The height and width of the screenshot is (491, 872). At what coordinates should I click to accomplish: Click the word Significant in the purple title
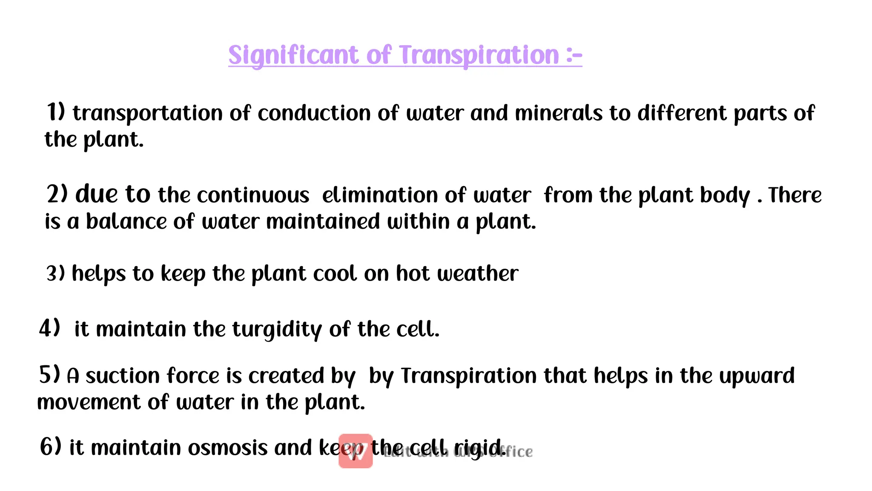tap(293, 56)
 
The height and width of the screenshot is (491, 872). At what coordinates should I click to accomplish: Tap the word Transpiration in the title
tap(479, 56)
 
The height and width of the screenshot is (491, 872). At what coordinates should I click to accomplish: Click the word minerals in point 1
tap(559, 113)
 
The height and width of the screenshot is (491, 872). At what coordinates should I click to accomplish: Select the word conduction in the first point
tap(314, 113)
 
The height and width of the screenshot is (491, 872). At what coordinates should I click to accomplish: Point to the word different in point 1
tap(682, 113)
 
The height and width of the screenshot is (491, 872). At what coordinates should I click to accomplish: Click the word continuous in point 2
tap(253, 195)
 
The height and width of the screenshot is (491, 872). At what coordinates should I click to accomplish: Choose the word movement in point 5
tap(89, 402)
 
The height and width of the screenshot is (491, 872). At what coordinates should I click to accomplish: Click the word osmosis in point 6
tap(228, 448)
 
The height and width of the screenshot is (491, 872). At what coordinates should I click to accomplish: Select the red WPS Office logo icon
tap(356, 451)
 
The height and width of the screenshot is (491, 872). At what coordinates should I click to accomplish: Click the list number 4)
tap(49, 329)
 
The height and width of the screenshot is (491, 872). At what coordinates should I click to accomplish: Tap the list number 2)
tap(57, 195)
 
